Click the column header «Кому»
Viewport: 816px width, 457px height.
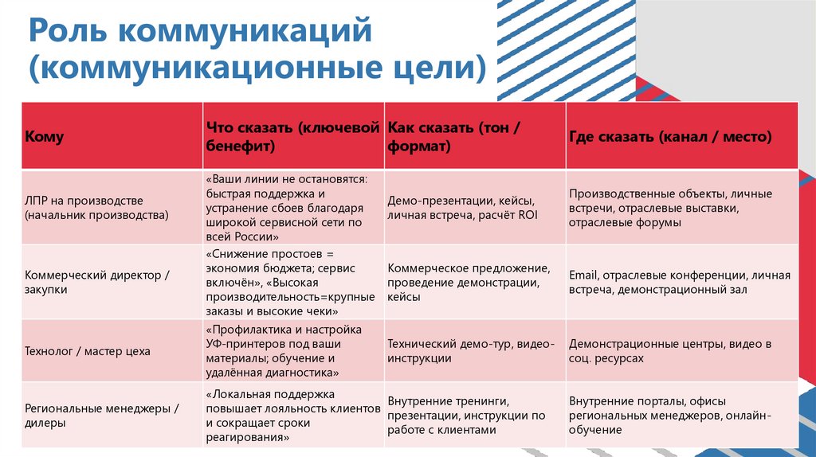(x=45, y=137)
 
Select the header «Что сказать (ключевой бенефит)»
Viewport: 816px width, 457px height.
(x=290, y=137)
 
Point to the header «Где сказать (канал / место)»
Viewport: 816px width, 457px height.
(x=670, y=137)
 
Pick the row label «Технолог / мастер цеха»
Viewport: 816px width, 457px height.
(x=88, y=351)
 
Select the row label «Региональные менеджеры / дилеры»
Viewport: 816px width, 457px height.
(x=102, y=416)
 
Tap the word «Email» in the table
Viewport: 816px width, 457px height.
(x=583, y=275)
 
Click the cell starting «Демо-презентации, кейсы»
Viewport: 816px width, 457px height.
(x=460, y=208)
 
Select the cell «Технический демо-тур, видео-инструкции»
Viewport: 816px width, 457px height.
(x=470, y=351)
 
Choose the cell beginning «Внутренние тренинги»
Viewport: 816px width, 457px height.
(x=466, y=416)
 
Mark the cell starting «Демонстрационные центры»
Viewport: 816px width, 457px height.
(x=670, y=351)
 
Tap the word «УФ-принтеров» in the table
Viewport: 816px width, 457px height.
(x=244, y=344)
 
